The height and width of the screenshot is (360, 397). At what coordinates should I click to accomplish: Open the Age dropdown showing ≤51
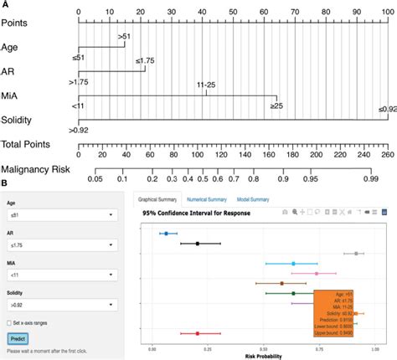(60, 214)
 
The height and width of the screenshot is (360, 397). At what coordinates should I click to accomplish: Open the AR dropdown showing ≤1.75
(60, 246)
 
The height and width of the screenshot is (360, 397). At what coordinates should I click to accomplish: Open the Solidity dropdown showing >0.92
(60, 306)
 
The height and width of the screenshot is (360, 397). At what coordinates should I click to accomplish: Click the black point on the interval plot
(198, 244)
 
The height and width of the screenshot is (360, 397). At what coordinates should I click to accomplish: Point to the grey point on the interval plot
(356, 253)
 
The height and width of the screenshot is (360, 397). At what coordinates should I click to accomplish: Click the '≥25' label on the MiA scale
(276, 106)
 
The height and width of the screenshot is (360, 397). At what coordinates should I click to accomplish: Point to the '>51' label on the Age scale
(123, 36)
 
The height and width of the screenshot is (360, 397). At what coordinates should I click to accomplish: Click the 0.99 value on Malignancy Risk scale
(369, 178)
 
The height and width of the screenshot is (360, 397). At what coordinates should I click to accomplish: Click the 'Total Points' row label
(24, 145)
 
